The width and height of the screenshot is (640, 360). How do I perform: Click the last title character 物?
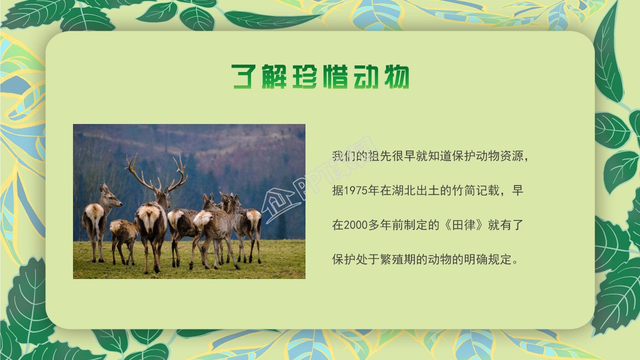pyautogui.click(x=394, y=76)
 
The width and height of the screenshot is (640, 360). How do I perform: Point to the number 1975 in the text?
pyautogui.click(x=354, y=190)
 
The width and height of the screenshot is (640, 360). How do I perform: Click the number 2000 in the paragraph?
pyautogui.click(x=354, y=225)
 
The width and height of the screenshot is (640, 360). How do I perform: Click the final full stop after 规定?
pyautogui.click(x=515, y=261)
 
